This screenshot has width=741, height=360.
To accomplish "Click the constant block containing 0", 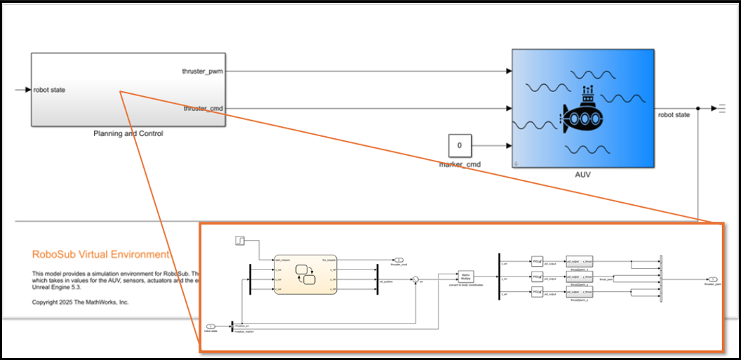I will tap(460, 145).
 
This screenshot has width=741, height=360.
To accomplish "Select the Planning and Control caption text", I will tap(128, 133).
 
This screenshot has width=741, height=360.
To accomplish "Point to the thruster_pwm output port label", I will tap(203, 71).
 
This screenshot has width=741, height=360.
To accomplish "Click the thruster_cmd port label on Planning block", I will tap(203, 109).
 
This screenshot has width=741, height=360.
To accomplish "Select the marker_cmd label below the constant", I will tap(460, 165).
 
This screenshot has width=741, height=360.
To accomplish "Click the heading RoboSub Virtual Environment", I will tap(101, 255).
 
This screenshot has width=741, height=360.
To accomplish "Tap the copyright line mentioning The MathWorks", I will tap(81, 302).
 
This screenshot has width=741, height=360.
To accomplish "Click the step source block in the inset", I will tap(239, 241).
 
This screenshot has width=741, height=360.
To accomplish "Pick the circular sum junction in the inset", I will tap(415, 281).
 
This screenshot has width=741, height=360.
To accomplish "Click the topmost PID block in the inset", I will tap(537, 261).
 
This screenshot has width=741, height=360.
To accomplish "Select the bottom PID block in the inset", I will tap(537, 291).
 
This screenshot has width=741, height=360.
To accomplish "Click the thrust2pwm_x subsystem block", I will tap(579, 261).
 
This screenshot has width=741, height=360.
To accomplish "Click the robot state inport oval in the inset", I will tap(211, 326).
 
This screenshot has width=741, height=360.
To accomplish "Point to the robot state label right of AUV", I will tap(673, 114).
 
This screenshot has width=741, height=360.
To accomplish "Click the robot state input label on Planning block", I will tap(49, 90).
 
